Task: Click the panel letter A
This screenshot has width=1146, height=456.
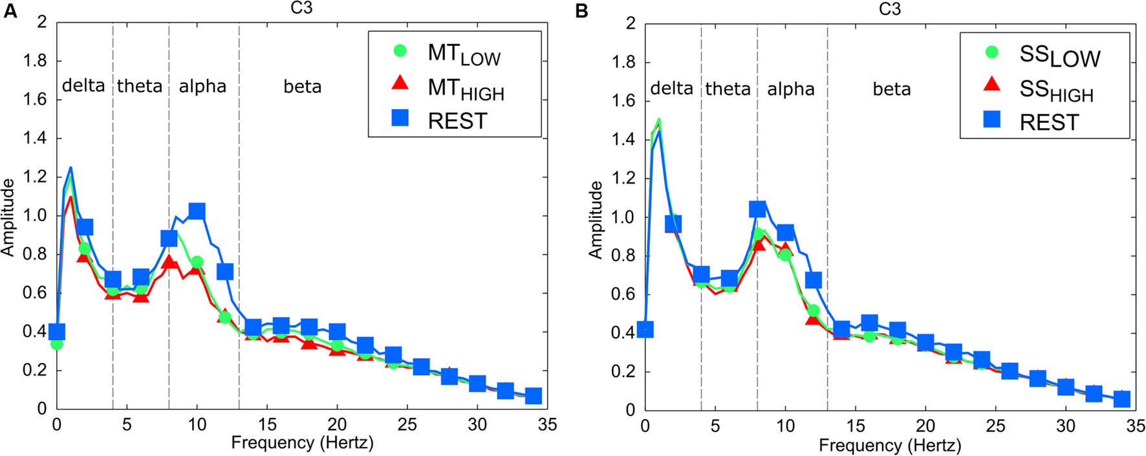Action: tap(10, 11)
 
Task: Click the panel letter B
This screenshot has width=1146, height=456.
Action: tap(581, 11)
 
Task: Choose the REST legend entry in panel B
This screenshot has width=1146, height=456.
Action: tap(1048, 122)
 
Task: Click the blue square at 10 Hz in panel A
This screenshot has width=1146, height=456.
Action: tap(197, 212)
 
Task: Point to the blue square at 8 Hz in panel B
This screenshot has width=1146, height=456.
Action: tap(757, 209)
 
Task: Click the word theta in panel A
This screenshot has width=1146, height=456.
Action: tap(140, 86)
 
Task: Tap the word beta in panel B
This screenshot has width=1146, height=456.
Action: tap(892, 89)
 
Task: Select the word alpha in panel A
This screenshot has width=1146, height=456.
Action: tap(202, 86)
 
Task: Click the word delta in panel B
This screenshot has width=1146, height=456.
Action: tap(671, 89)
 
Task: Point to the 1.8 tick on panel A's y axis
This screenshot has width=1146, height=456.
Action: tap(35, 61)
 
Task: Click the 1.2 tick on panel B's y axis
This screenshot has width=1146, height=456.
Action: tap(623, 179)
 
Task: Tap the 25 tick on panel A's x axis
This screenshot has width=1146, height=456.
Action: tap(407, 425)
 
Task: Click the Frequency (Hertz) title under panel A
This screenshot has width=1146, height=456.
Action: tap(302, 443)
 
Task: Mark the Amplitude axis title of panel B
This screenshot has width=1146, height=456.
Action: tap(596, 220)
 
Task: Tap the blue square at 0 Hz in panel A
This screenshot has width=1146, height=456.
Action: tap(57, 332)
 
